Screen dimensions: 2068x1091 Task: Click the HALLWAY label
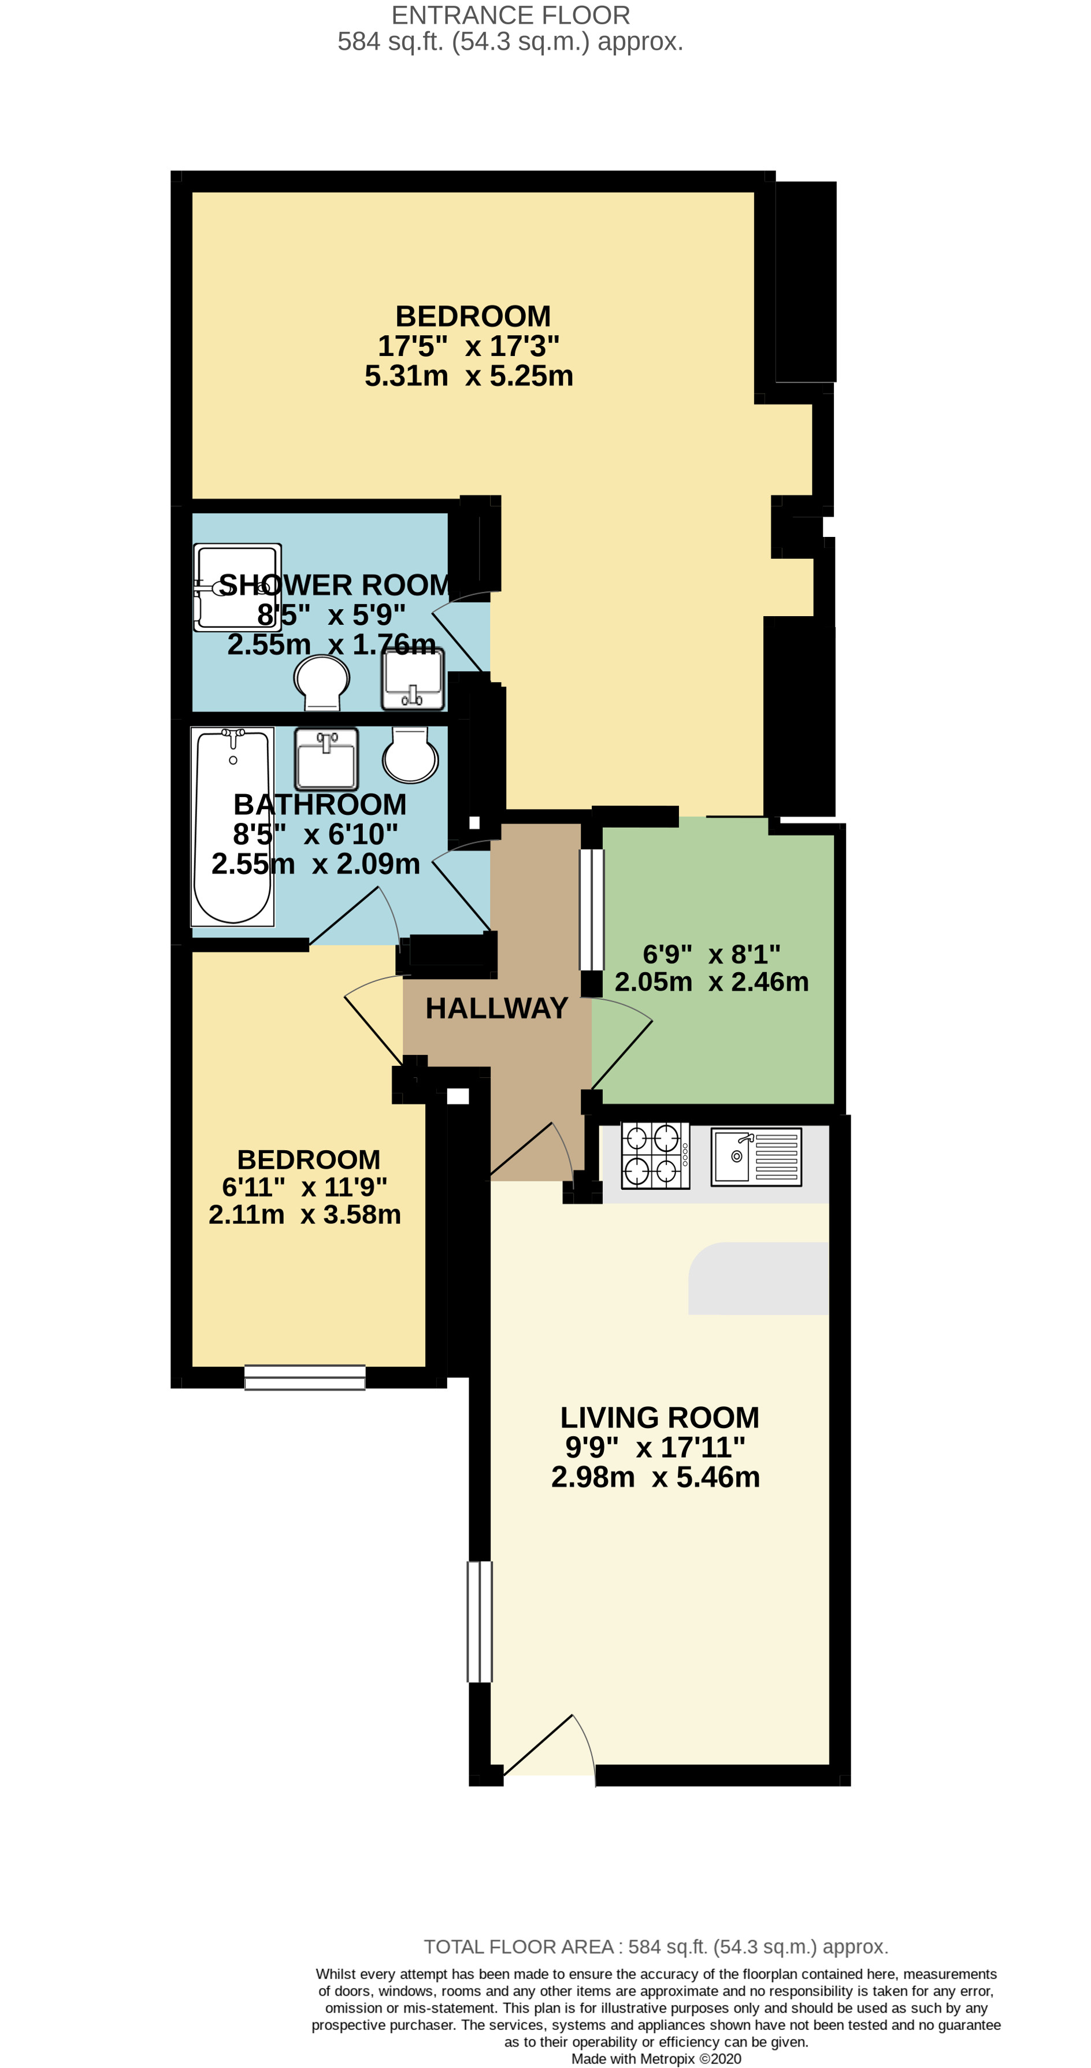click(x=496, y=1009)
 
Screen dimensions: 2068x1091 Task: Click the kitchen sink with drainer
click(x=755, y=1156)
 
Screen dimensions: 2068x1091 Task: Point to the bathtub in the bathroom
click(x=233, y=827)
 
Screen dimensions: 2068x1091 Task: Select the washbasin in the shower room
click(x=413, y=679)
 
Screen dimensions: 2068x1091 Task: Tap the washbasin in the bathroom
click(x=326, y=759)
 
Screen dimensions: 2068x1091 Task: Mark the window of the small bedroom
click(x=305, y=1377)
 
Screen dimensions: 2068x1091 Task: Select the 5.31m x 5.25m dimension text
click(x=469, y=376)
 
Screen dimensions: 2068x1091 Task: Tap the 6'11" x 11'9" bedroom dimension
click(x=305, y=1187)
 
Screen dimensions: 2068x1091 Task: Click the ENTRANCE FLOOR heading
click(x=511, y=14)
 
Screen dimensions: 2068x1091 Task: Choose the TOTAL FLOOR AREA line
click(x=655, y=1947)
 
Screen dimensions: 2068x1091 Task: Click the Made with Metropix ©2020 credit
click(x=655, y=2059)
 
